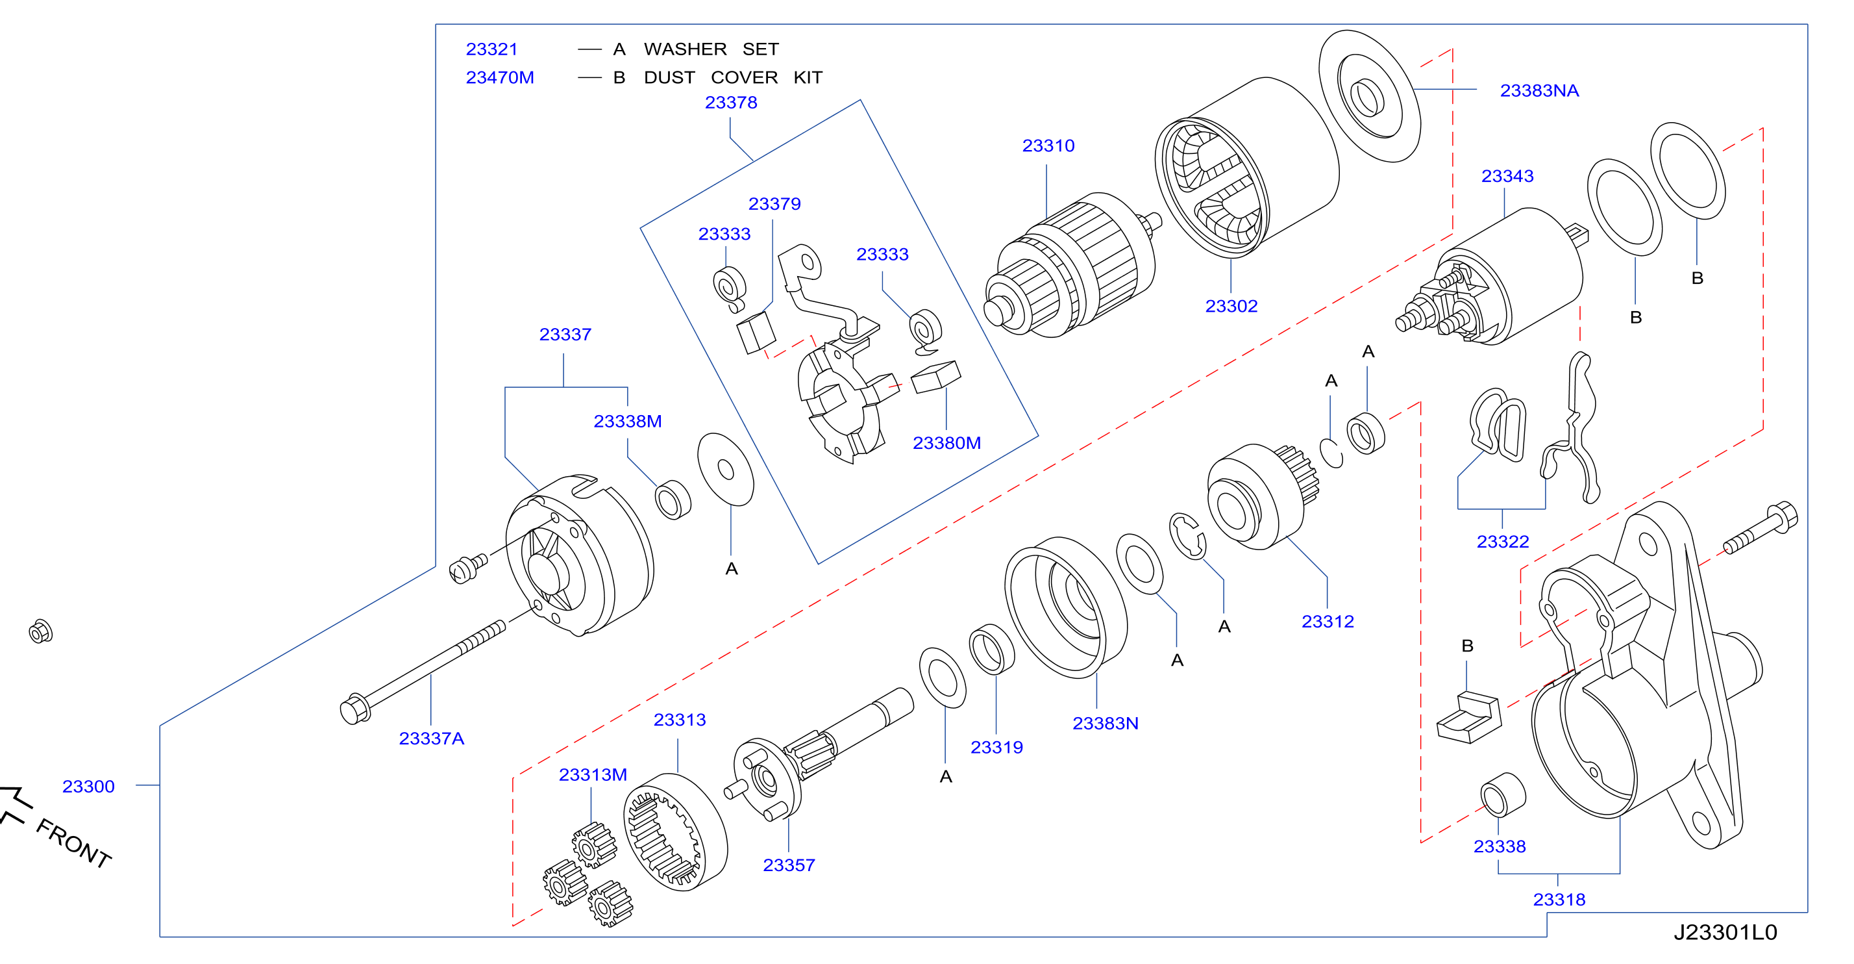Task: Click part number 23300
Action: [88, 786]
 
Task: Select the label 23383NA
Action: [1540, 91]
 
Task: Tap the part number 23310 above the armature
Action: [1048, 146]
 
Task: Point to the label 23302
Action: [1231, 306]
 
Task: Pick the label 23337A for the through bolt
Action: [432, 739]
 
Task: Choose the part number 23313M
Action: [593, 775]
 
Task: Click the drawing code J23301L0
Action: [1726, 932]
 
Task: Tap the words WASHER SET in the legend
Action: [711, 49]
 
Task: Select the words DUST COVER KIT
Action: [733, 77]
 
